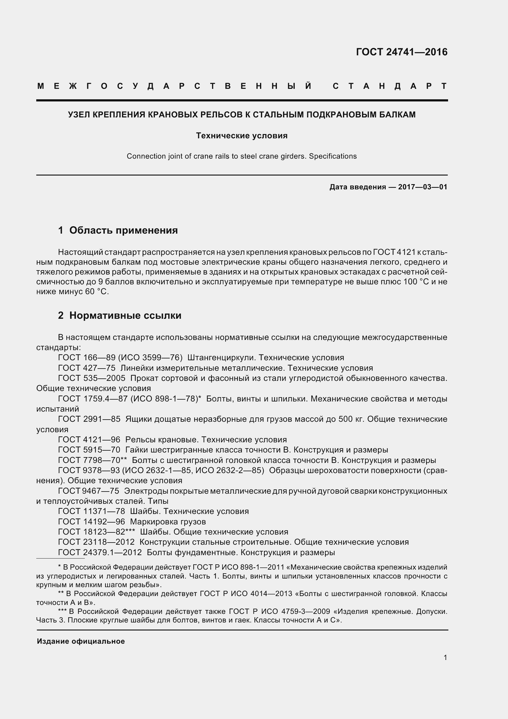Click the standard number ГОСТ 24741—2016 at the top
click(x=402, y=52)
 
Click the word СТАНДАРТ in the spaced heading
click(x=390, y=86)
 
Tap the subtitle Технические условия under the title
click(x=242, y=136)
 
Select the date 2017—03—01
click(x=423, y=187)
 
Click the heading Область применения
click(x=123, y=231)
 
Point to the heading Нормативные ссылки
click(x=125, y=315)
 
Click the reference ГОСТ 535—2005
click(x=91, y=378)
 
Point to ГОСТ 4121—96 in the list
click(x=89, y=440)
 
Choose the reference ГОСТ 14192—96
click(x=91, y=522)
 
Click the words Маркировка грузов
click(x=168, y=522)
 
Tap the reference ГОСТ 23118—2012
click(x=96, y=542)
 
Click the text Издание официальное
click(x=81, y=641)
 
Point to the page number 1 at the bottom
click(x=445, y=658)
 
